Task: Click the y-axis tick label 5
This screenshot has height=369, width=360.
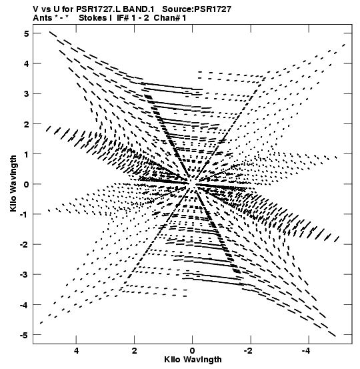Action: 27,33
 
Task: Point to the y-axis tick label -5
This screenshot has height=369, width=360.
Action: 24,335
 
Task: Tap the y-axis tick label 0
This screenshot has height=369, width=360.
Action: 27,184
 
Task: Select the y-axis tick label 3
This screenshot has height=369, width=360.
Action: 27,94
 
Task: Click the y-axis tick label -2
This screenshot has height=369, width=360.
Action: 24,244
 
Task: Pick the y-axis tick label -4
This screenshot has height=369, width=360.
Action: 24,305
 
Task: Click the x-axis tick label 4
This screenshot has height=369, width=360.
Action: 76,350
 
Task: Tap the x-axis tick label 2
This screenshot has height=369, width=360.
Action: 134,350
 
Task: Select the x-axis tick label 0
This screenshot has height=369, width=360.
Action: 193,350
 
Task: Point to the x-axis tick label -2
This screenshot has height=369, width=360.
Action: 248,350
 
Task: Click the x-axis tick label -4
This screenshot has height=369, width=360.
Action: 307,350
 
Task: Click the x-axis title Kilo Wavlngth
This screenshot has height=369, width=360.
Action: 193,360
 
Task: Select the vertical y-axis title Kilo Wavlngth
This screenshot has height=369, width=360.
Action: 13,183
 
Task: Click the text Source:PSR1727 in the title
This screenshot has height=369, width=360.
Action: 197,9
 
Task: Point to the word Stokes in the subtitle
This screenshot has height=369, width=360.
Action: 93,18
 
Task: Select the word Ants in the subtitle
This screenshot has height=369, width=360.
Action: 42,18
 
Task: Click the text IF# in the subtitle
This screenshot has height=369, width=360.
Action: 123,18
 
